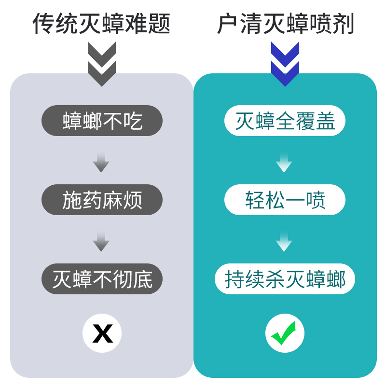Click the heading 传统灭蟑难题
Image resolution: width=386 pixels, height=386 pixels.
pos(101,23)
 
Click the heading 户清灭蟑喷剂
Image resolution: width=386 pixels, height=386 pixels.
pos(285,23)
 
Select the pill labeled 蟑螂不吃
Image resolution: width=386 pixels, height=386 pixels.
pos(102,121)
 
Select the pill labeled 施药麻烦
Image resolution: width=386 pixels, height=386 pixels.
pos(102,200)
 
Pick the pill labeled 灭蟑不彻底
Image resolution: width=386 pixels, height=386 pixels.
pos(102,279)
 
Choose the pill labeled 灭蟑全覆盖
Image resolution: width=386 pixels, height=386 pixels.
pos(285,121)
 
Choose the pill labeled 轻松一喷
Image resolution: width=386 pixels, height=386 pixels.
pos(285,200)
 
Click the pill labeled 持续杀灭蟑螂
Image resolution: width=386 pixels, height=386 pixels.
pos(285,279)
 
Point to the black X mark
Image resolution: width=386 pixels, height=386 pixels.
pos(102,333)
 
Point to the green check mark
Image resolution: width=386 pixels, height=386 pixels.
pos(285,333)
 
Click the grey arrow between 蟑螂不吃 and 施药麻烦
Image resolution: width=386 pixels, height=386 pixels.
pos(101,162)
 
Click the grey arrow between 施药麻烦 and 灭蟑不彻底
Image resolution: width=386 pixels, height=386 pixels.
pos(101,241)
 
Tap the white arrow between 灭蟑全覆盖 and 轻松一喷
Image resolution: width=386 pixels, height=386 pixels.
pos(284,162)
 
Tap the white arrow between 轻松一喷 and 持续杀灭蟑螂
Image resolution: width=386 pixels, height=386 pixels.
pos(284,241)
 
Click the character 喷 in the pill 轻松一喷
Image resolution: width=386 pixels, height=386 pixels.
pos(315,200)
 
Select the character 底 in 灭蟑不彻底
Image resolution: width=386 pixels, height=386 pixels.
pos(142,279)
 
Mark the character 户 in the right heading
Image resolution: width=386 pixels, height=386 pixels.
pos(228,23)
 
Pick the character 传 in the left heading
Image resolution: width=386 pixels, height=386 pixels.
pos(44,23)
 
